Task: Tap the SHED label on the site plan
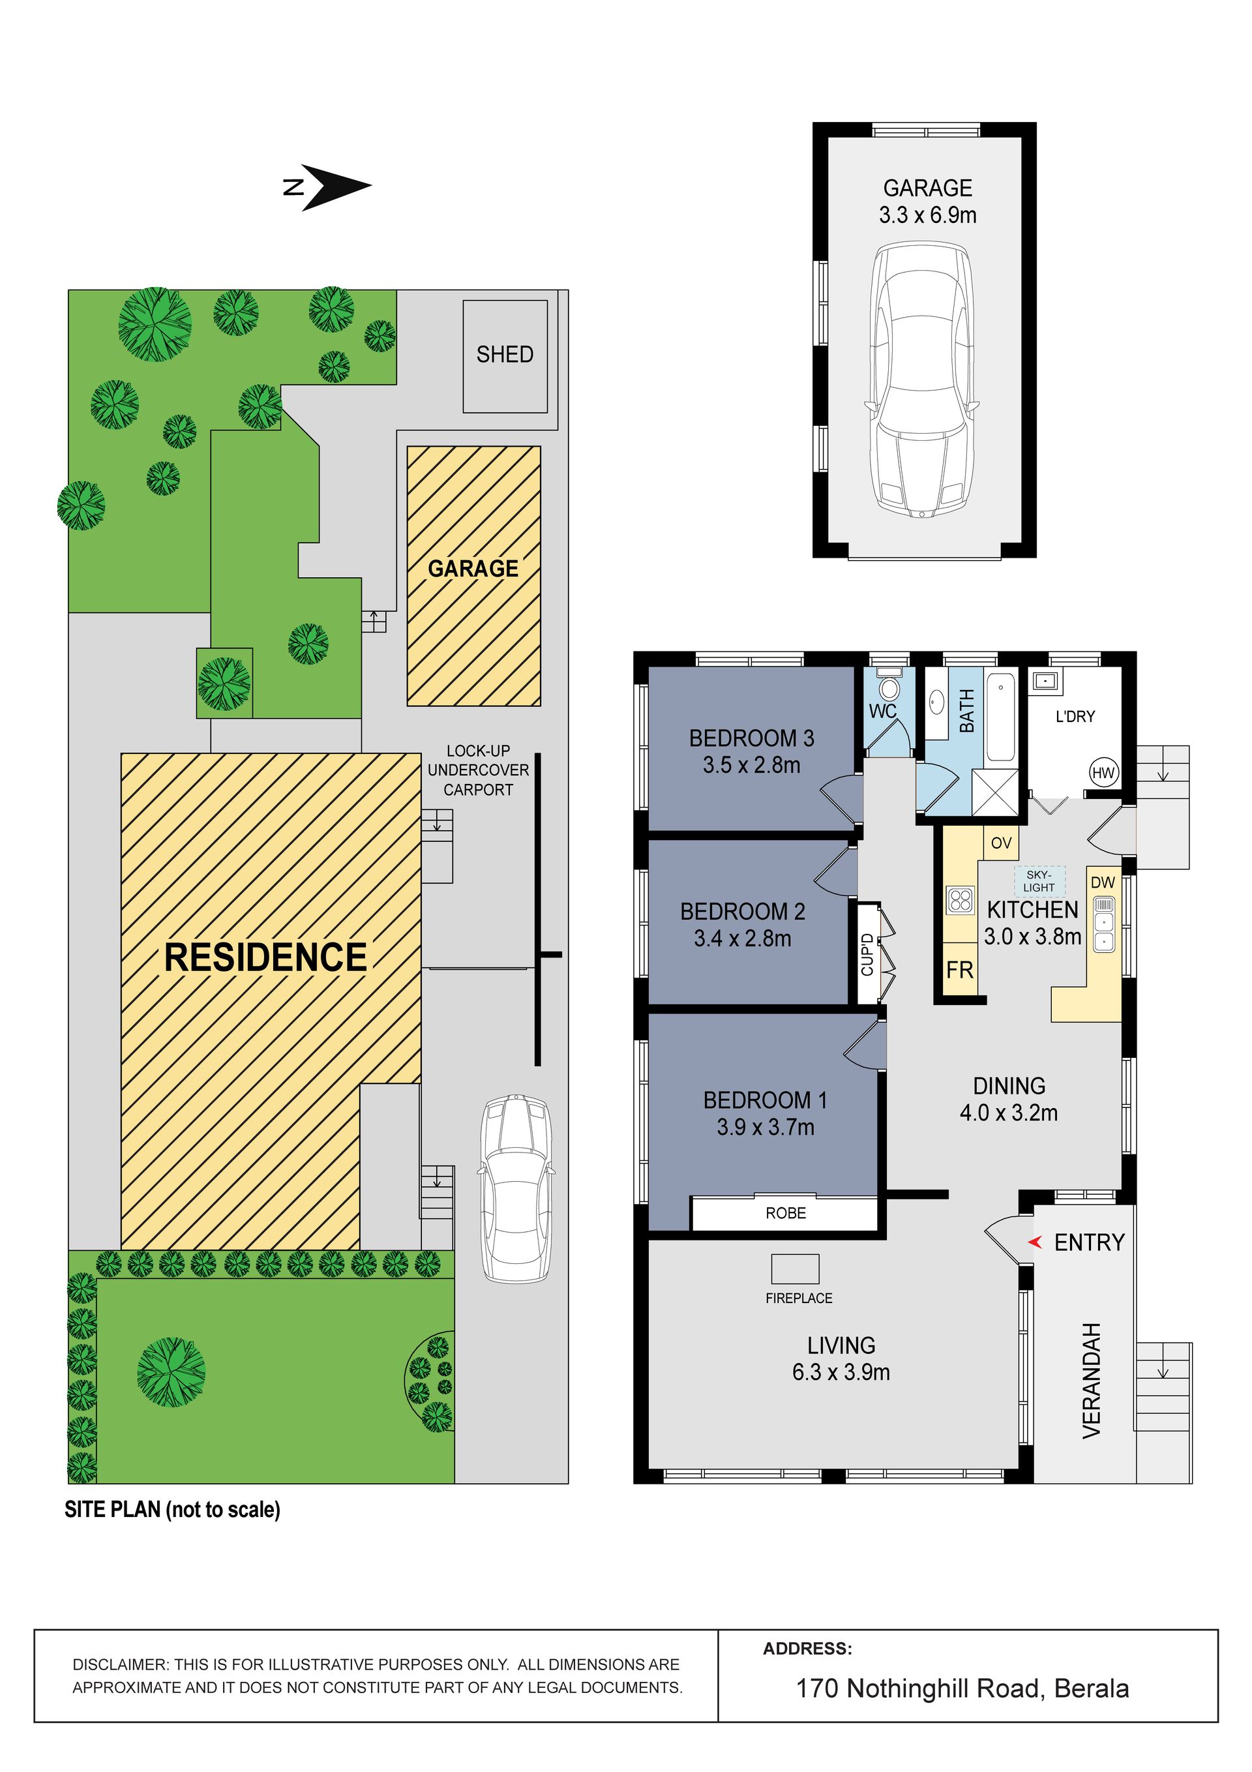pos(505,354)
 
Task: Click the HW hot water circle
pos(1103,772)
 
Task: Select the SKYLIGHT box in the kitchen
pos(1039,881)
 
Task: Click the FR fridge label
pos(959,970)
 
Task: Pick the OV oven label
pos(1001,843)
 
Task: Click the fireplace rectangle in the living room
pos(795,1269)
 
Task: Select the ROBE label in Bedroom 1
pos(786,1213)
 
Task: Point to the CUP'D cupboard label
pos(868,954)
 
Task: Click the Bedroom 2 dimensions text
pos(743,939)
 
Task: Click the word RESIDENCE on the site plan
pos(266,957)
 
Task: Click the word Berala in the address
pos(1092,1689)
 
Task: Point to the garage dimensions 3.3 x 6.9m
pos(928,215)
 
